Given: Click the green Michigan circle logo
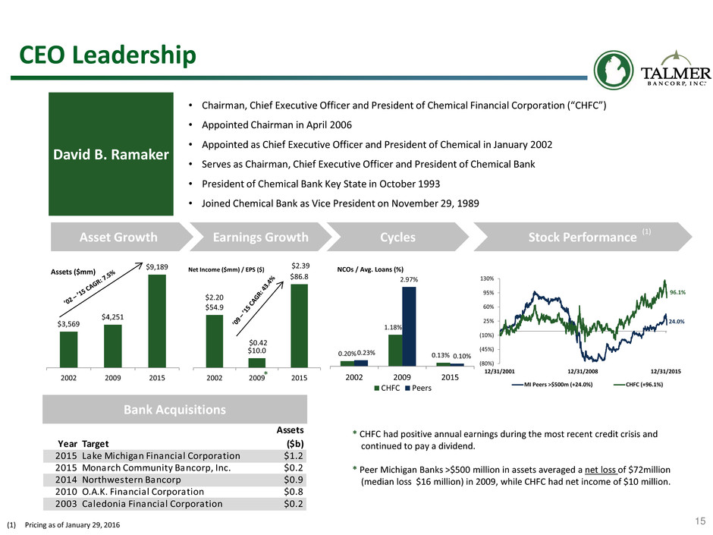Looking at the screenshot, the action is pos(614,70).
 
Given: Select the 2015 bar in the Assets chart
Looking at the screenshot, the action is pos(157,321).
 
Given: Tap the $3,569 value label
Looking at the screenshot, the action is pos(69,324).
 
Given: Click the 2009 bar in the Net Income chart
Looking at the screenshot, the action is pos(256,363).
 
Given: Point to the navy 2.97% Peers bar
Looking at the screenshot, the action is pos(409,326).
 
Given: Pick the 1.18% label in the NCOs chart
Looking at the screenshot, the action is pos(393,327).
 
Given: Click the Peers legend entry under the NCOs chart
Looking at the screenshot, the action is pos(418,388).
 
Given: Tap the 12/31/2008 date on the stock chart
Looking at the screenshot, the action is pos(583,371).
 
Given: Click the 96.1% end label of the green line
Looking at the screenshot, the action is pos(677,292).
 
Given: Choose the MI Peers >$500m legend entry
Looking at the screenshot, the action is pos(552,385).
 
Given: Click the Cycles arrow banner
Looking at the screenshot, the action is pos(398,237).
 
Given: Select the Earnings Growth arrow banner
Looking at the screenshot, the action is pos(261,237).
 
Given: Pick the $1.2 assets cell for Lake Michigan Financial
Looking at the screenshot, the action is pos(294,456).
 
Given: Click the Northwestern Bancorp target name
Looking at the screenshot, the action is pos(131,480).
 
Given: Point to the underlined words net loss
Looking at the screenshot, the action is pos(600,470).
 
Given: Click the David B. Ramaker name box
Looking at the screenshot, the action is pos(111,154).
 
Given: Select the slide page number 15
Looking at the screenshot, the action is pos(700,521).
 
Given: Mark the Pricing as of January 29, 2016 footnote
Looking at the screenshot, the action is pos(72,525).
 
